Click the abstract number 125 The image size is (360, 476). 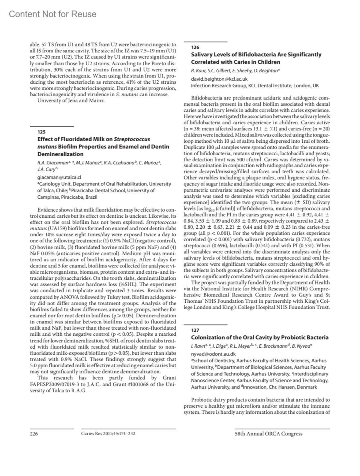[x=41, y=132]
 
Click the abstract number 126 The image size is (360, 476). [x=195, y=47]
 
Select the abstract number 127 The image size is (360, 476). [x=195, y=330]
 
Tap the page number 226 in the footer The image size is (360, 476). [x=34, y=433]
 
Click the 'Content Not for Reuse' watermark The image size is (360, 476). [x=53, y=14]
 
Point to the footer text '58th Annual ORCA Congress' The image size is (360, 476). [x=268, y=433]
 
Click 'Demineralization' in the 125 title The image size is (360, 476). [x=60, y=154]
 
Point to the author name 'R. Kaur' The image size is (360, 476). [x=197, y=71]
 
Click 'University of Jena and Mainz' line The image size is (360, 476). [x=71, y=100]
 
